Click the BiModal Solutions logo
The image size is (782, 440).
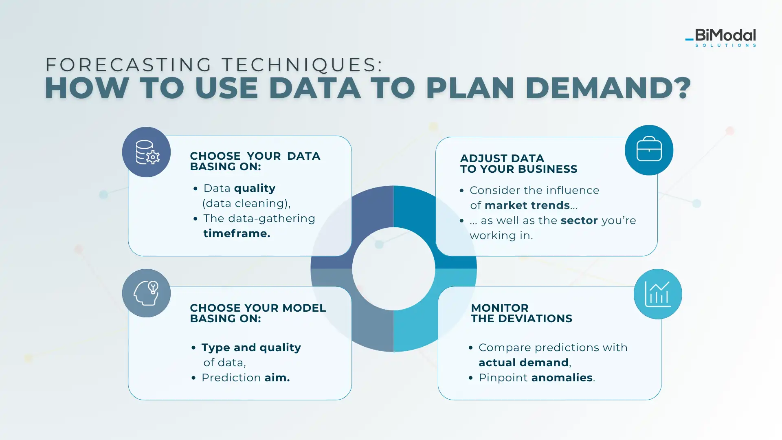pos(720,37)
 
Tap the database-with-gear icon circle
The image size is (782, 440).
pos(146,152)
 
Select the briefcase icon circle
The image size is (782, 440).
pos(649,150)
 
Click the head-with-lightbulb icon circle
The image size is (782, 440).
pos(146,293)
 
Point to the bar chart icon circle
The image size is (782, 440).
pos(658,294)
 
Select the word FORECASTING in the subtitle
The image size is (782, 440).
pos(129,65)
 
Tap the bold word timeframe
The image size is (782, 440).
pos(237,233)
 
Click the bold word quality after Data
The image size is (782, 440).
pos(255,189)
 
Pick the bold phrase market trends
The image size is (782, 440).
pos(527,205)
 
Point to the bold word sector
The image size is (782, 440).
pos(579,220)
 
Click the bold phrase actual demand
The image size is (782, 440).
pos(524,363)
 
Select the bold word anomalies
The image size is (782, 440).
pos(562,378)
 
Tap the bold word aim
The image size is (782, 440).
pos(277,378)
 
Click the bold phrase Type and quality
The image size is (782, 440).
pos(251,348)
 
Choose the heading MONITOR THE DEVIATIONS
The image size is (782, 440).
pos(522,313)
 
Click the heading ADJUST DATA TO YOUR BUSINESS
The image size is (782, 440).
pos(519,164)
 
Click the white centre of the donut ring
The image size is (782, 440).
pos(393,269)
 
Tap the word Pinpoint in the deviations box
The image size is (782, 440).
pos(503,378)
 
